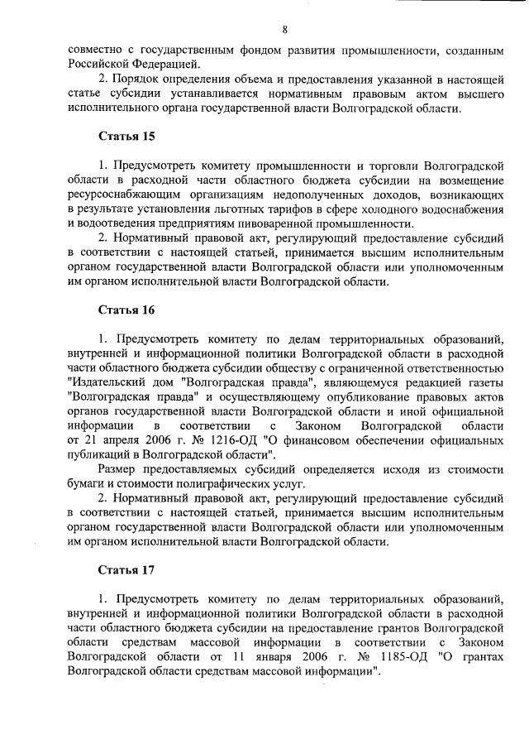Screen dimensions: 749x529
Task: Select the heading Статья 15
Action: click(126, 135)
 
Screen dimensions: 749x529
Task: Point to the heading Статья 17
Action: click(126, 570)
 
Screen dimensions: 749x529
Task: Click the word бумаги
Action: click(86, 483)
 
